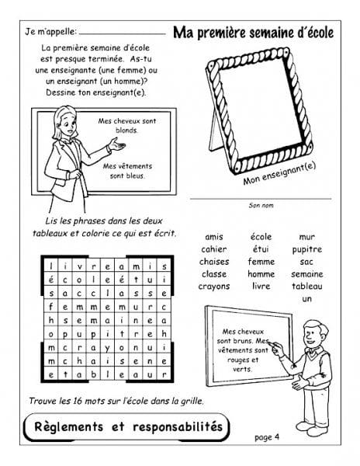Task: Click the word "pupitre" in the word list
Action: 307,250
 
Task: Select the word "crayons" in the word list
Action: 214,287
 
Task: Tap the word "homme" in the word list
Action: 261,274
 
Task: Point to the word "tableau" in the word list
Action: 307,286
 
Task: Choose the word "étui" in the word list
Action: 261,249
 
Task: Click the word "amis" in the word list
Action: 214,237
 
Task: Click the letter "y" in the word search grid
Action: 107,348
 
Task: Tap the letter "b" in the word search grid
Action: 93,374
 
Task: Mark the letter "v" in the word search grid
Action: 79,267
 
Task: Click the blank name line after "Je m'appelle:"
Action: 123,34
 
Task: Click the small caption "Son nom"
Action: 261,205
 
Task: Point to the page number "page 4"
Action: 267,437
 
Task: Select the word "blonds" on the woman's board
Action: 126,130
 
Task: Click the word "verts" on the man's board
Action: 242,370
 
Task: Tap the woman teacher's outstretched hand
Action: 116,144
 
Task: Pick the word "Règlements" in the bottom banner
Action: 69,426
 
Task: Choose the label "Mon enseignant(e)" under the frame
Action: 279,173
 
